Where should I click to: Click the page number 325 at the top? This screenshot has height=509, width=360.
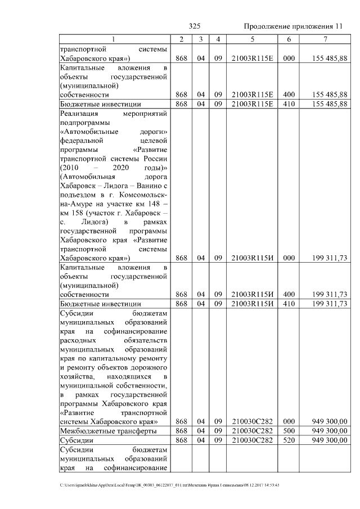click(x=195, y=26)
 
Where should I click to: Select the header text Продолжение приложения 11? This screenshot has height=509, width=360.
click(x=293, y=26)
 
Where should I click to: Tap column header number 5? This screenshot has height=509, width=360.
click(x=252, y=39)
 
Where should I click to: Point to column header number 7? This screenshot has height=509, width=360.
click(x=325, y=39)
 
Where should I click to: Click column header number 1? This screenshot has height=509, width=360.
click(x=114, y=39)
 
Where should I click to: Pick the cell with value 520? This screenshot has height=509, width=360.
click(x=289, y=440)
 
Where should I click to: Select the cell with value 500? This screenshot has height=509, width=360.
click(x=289, y=431)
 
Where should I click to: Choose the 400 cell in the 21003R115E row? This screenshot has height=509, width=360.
click(x=289, y=94)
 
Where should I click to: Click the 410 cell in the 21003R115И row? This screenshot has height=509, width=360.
click(x=289, y=303)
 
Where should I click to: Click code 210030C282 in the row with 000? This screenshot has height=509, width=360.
click(x=252, y=421)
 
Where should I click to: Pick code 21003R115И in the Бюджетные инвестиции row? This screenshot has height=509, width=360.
click(x=252, y=303)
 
